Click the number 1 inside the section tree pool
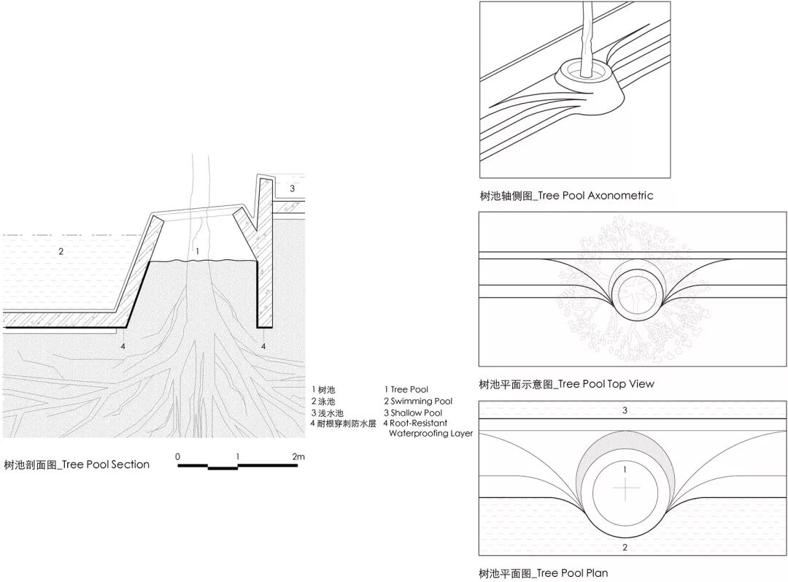coord(197,250)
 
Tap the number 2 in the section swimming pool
coord(61,252)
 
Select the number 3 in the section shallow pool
coord(293,188)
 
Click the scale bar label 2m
coord(298,457)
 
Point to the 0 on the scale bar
coord(178,457)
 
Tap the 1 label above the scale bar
coord(238,457)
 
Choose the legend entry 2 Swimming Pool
coord(418,401)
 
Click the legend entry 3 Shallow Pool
coord(413,413)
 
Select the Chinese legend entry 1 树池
coord(323,390)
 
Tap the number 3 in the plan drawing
coord(625,410)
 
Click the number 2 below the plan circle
coord(625,547)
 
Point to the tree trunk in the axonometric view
coord(586,37)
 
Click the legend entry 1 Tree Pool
coord(406,390)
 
